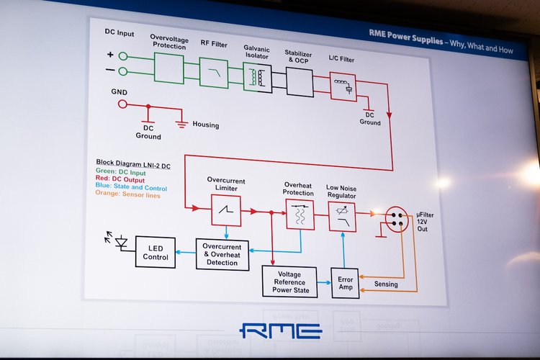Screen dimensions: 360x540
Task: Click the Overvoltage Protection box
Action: point(168,69)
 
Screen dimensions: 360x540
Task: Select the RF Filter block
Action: point(213,73)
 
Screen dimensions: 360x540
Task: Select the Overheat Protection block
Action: point(300,214)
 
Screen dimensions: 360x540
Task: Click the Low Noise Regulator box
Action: point(343,216)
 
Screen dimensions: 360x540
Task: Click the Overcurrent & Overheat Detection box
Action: point(222,254)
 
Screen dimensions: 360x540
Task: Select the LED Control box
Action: point(156,252)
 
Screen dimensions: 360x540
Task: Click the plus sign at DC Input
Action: point(110,55)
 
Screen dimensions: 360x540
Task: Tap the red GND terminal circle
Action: point(122,104)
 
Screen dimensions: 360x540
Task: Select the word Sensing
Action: point(385,284)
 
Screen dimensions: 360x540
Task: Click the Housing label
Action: point(205,125)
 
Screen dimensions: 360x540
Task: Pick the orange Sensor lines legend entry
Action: point(128,195)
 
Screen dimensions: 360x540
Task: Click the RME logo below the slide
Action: point(281,331)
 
